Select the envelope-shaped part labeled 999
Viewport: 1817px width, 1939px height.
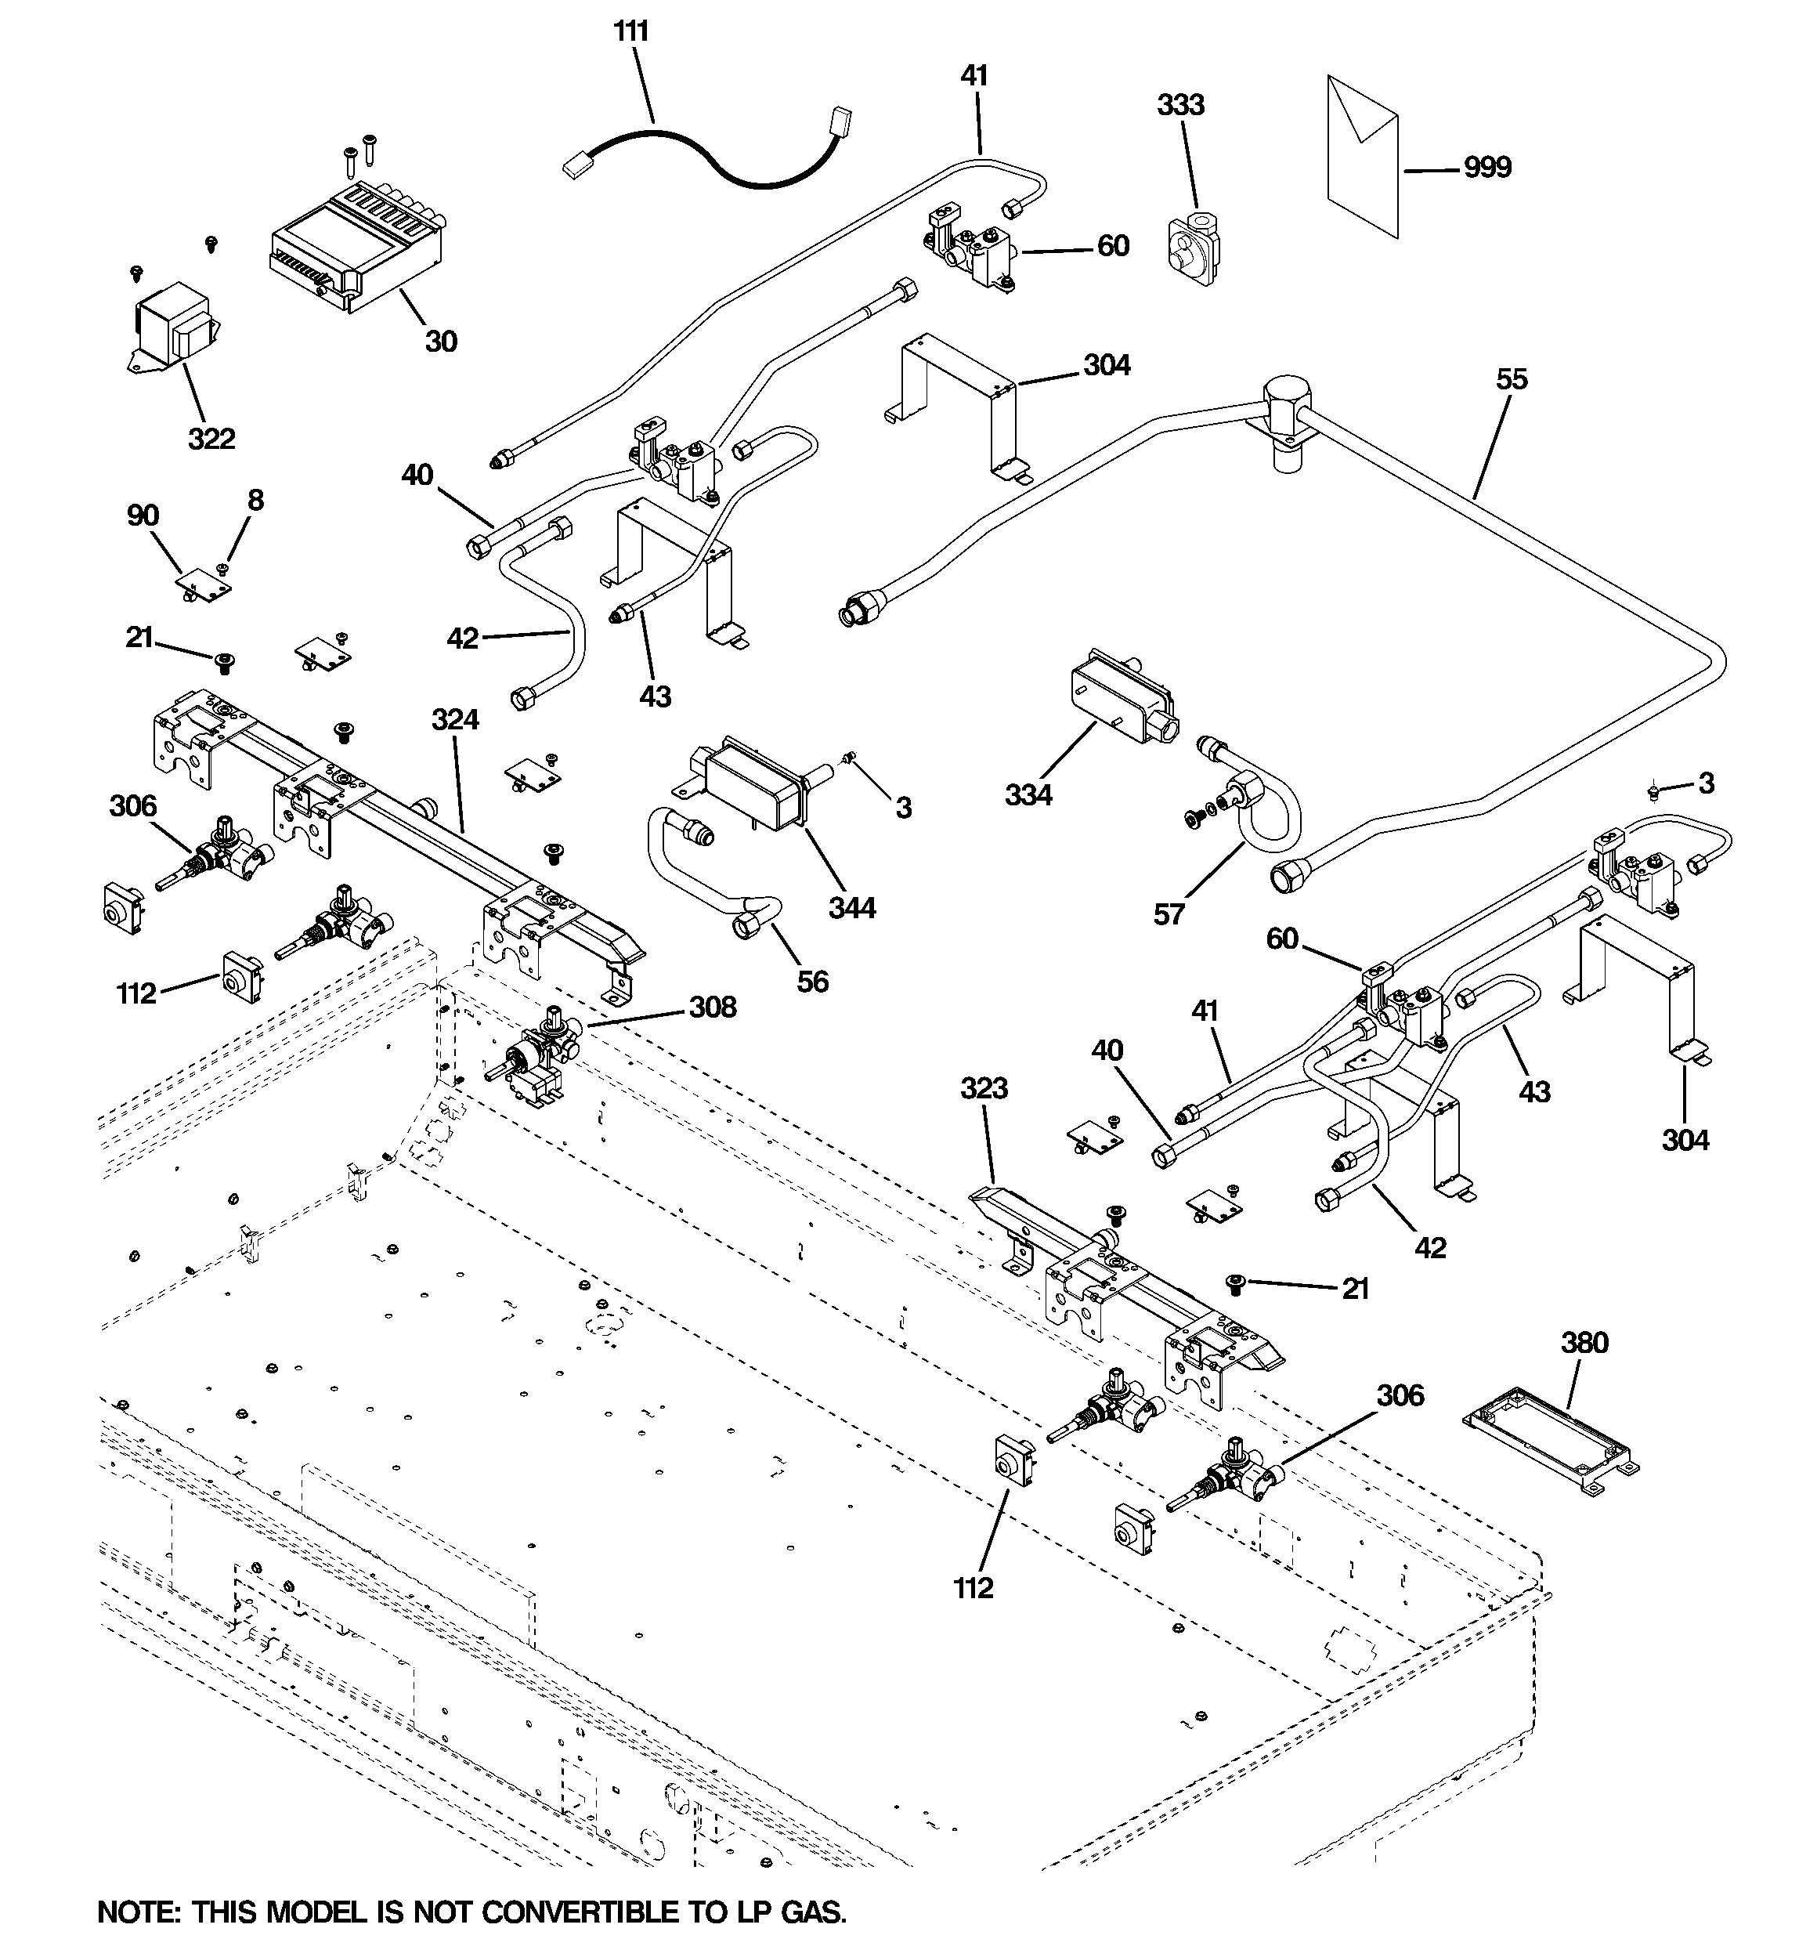1363,156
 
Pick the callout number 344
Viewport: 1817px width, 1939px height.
851,908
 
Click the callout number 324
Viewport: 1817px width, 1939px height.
456,720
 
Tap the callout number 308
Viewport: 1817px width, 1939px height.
713,1007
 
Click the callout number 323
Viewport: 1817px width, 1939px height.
983,1087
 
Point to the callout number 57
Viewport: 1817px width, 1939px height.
1169,914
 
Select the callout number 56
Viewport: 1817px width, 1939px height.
812,981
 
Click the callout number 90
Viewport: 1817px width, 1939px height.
143,516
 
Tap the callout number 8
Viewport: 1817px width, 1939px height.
255,501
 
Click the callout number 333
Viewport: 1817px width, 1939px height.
1180,104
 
